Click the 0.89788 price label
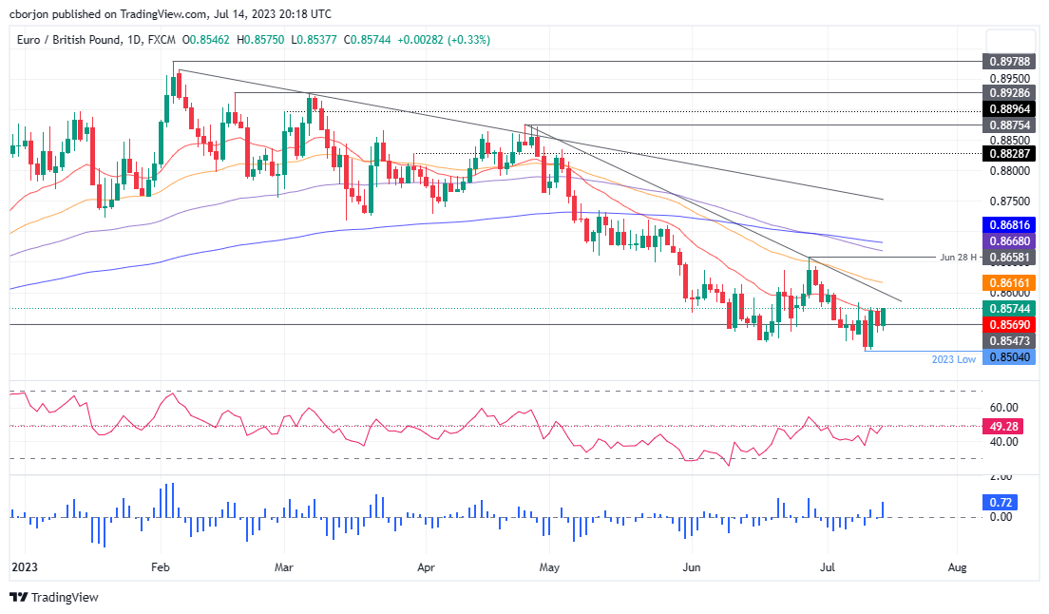tap(1008, 62)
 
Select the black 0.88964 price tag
tap(1008, 109)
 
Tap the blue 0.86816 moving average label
tap(1008, 224)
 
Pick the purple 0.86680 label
tap(1008, 240)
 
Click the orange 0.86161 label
tap(1008, 283)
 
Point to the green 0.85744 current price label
tap(1008, 308)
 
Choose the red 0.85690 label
tap(1008, 324)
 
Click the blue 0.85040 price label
tap(1008, 357)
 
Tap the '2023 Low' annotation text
tap(953, 359)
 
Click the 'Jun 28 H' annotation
tap(958, 257)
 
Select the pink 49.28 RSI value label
tap(1002, 426)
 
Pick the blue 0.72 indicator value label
tap(1000, 502)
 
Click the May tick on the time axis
tap(549, 567)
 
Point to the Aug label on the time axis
tap(958, 567)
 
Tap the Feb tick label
tap(161, 567)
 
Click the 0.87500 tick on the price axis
tap(1010, 201)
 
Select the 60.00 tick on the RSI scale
tap(1003, 408)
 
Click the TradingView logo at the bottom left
tap(54, 597)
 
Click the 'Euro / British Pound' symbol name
tap(68, 40)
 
